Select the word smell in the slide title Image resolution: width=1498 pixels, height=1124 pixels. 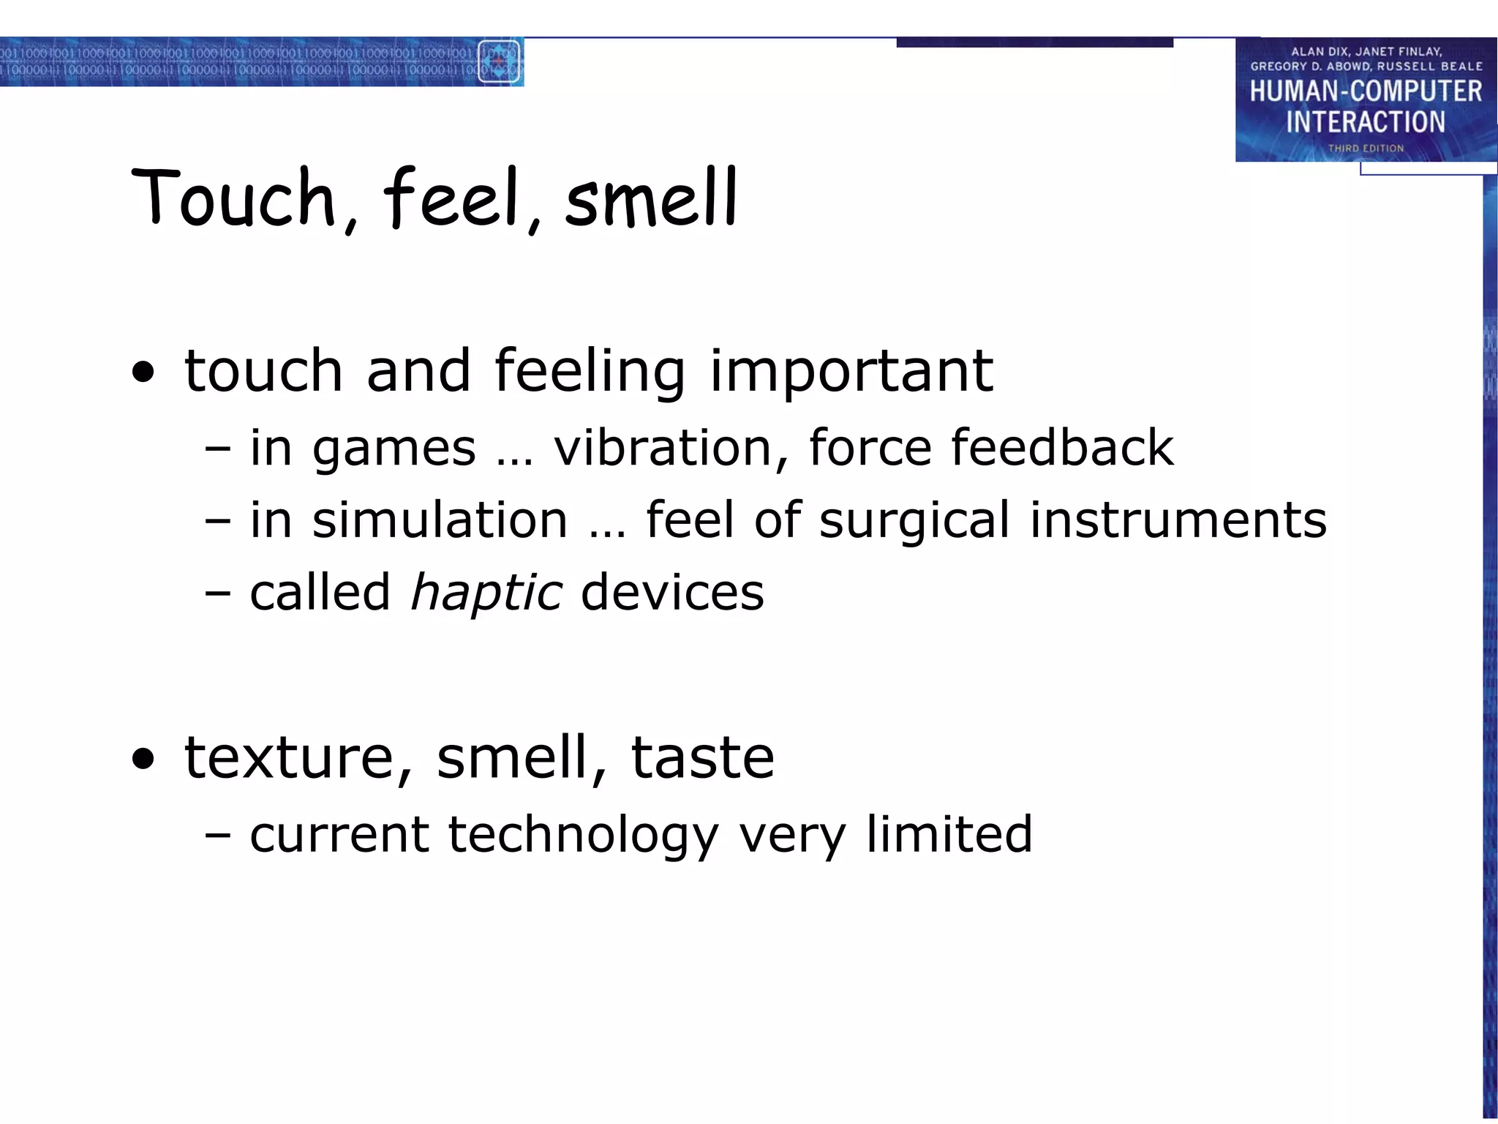pos(651,198)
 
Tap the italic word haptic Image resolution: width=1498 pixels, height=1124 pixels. pos(486,592)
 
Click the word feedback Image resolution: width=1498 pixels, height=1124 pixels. pos(1062,447)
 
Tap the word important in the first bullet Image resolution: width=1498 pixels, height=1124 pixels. pos(851,370)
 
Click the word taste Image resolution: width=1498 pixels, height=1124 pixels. pos(702,757)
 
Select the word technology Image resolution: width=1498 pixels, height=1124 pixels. pos(583,835)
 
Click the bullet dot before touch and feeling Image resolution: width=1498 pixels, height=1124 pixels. pos(144,373)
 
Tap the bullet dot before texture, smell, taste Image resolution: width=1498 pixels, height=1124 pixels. pos(144,760)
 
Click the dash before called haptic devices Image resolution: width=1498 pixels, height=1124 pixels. pos(217,594)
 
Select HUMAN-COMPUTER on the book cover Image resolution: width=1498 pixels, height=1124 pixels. pos(1366,91)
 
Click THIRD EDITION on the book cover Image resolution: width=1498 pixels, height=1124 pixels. pos(1366,149)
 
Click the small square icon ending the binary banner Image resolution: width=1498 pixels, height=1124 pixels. pos(499,61)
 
